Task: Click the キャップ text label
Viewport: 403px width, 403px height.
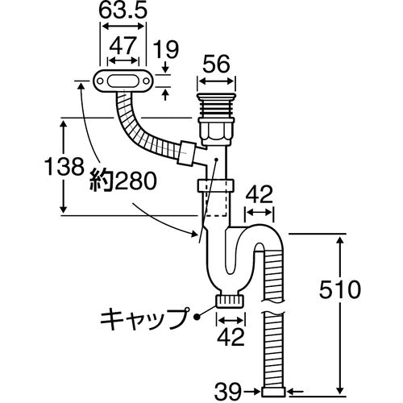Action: (x=142, y=316)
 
